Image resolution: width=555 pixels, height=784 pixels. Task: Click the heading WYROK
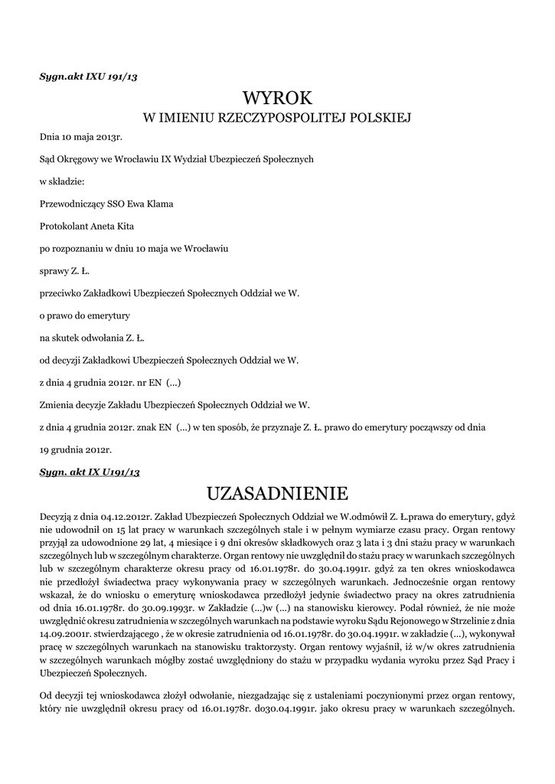click(277, 98)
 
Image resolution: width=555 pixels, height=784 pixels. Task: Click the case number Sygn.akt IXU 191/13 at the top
click(88, 76)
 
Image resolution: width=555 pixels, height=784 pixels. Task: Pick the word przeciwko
click(60, 292)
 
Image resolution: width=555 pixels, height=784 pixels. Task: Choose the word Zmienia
click(56, 403)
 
